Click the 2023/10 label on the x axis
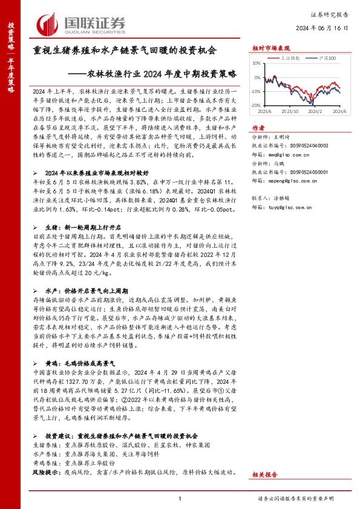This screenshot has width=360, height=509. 290,111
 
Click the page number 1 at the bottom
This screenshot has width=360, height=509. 180,498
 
